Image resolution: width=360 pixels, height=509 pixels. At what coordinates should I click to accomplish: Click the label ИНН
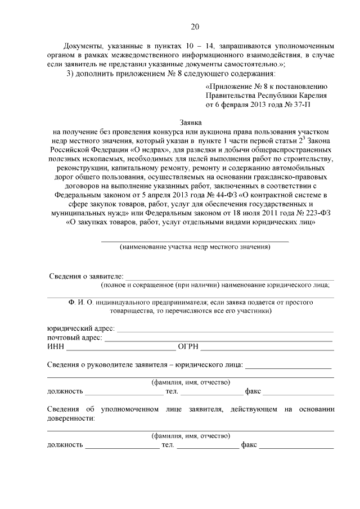coord(55,346)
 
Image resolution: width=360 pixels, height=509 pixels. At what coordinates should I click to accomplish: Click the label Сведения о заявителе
coord(85,276)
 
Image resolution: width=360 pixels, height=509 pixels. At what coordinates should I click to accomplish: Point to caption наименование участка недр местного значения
coord(195,246)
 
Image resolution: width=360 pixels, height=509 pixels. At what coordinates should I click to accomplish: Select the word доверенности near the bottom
coord(71,418)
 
